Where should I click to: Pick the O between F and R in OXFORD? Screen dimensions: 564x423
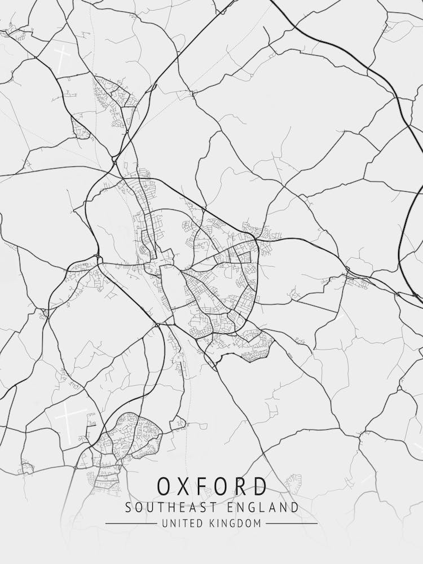(224, 486)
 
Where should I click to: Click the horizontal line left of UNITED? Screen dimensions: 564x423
(131, 523)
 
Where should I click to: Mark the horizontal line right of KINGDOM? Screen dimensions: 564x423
(292, 523)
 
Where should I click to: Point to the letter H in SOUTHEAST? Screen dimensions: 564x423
(169, 508)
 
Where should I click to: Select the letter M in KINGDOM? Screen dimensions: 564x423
(258, 523)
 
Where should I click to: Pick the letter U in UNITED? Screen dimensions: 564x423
(164, 523)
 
